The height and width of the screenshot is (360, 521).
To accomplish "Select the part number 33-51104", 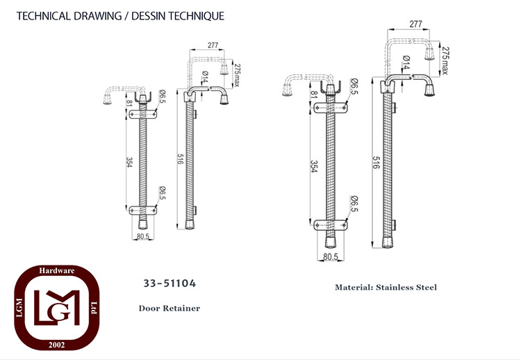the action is (x=169, y=284).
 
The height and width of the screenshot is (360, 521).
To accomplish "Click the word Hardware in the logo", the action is (x=57, y=270).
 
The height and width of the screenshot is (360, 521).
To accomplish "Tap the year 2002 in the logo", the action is (x=57, y=345).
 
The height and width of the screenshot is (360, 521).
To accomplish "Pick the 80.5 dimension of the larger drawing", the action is (x=330, y=256).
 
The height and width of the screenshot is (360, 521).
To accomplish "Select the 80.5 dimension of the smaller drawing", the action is (x=143, y=236).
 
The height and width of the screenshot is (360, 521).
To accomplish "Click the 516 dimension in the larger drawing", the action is (x=376, y=163).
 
